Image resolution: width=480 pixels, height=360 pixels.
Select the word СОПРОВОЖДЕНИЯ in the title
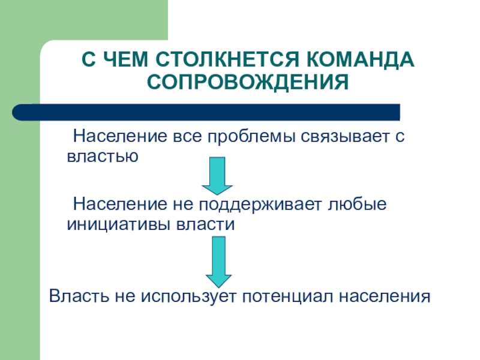248,81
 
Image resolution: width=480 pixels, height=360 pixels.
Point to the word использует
181,296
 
